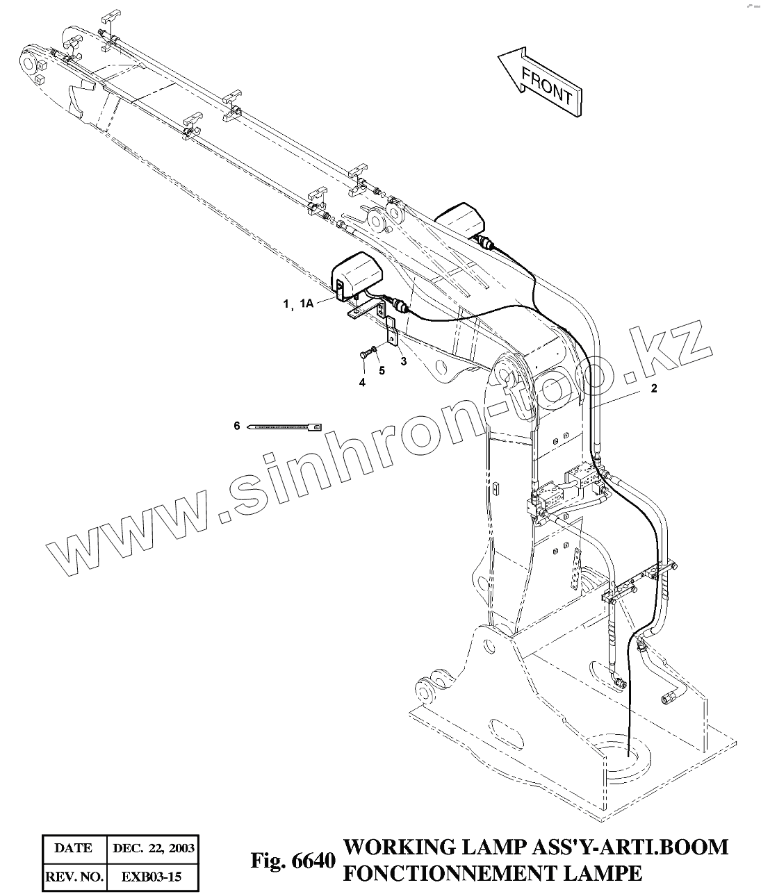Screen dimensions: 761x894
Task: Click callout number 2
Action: tap(653, 389)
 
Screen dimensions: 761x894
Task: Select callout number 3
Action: tap(402, 361)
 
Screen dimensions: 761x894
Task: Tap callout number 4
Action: tap(361, 383)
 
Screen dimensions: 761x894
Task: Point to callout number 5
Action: tap(382, 370)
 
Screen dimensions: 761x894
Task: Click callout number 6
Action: tap(236, 425)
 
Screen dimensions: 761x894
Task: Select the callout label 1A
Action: tap(306, 304)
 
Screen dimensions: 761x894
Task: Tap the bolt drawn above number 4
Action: tap(364, 354)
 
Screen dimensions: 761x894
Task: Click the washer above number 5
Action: tap(375, 349)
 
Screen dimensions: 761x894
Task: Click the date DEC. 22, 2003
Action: tap(154, 847)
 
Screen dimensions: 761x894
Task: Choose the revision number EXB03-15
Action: tap(154, 877)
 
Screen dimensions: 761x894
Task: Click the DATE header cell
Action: tap(73, 847)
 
